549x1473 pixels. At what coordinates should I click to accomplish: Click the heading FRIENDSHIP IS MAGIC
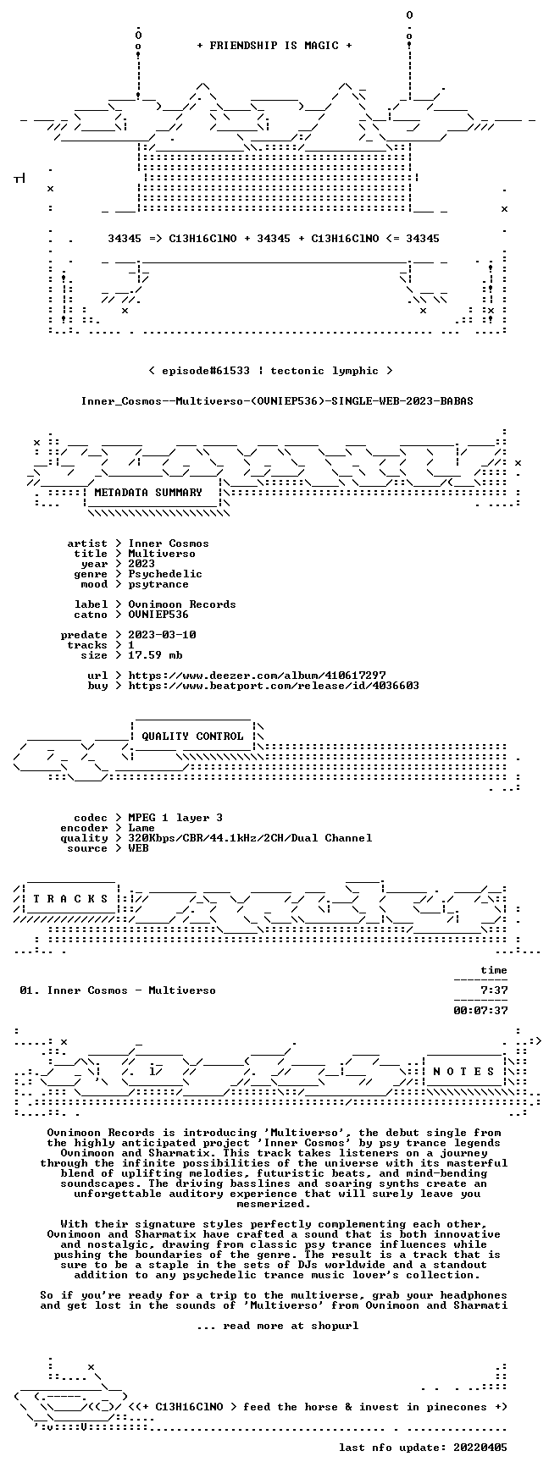(274, 46)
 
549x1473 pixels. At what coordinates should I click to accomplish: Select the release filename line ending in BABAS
(277, 401)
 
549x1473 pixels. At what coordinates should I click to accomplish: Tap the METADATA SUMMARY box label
(148, 493)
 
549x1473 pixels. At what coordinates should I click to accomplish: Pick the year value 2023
(141, 564)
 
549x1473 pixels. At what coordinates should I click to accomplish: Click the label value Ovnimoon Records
(182, 604)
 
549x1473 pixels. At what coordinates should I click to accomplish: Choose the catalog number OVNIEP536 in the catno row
(158, 615)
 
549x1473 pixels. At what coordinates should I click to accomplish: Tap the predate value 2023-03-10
(162, 635)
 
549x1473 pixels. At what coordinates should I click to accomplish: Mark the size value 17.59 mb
(155, 655)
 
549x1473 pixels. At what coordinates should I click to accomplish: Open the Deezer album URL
(257, 676)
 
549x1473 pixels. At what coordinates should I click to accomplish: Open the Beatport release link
(274, 686)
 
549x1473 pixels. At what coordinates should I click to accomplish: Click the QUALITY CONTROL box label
(192, 736)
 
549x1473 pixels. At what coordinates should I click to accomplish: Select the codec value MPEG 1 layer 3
(175, 818)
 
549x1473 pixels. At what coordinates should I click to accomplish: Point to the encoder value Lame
(141, 828)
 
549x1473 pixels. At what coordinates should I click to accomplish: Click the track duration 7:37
(494, 990)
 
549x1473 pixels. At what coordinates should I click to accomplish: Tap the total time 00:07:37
(480, 1011)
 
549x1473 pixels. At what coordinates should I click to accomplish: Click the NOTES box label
(463, 1072)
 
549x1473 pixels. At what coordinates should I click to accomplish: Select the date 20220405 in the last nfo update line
(480, 1448)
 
